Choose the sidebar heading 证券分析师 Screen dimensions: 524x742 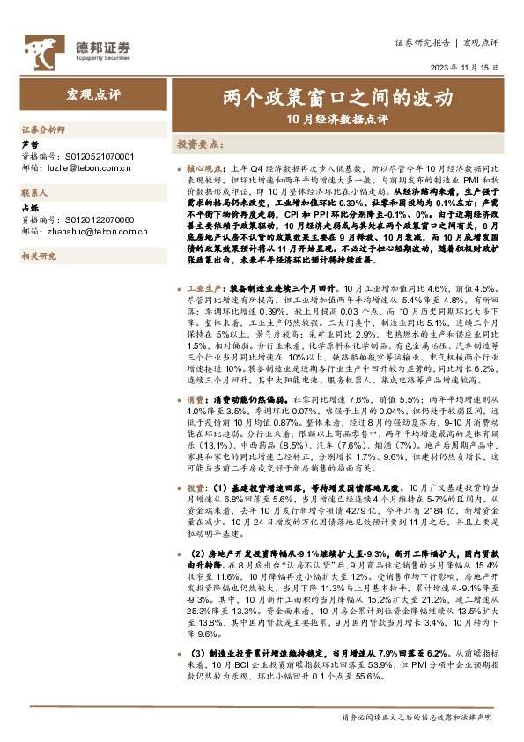pyautogui.click(x=43, y=128)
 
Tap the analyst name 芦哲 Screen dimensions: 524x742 pyautogui.click(x=29, y=143)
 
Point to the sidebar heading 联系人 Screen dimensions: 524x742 pyautogui.click(x=34, y=192)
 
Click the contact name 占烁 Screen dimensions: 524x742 pyautogui.click(x=29, y=207)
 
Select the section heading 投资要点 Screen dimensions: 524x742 pyautogui.click(x=199, y=143)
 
